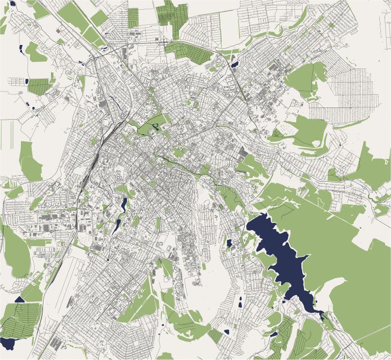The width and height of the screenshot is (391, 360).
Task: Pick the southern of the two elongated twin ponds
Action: (117, 226)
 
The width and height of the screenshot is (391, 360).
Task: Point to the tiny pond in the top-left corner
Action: (12, 3)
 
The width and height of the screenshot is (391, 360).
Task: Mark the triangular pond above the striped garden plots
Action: (20, 299)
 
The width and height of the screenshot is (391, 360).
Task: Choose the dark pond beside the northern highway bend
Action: (234, 64)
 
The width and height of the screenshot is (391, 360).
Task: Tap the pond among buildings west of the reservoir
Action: (229, 243)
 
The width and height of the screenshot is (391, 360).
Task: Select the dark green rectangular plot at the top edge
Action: (133, 18)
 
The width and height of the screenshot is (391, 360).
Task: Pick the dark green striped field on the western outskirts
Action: (39, 86)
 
